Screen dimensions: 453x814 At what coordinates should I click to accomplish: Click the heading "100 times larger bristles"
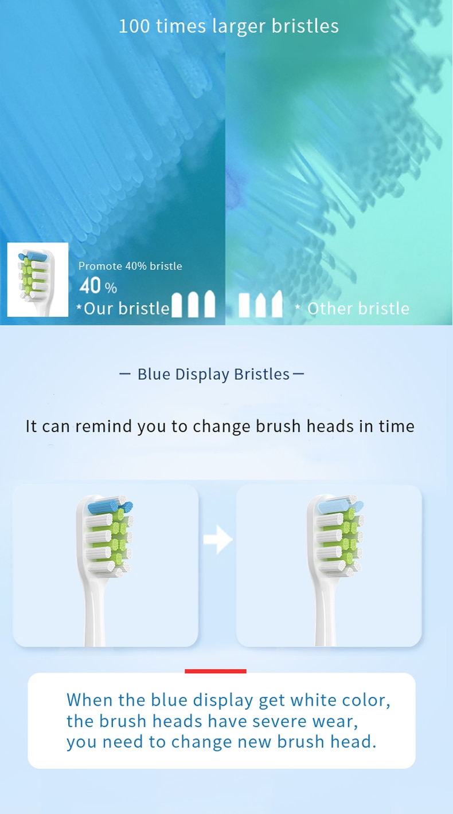click(x=228, y=26)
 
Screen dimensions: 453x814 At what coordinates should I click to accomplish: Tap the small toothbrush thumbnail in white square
click(x=37, y=280)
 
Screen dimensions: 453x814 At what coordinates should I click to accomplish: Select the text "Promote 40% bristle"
click(x=130, y=266)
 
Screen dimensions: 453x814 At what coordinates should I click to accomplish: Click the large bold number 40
click(x=90, y=286)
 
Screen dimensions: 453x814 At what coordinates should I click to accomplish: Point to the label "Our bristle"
click(x=127, y=309)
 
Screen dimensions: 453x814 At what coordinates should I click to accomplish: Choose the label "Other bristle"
click(x=358, y=309)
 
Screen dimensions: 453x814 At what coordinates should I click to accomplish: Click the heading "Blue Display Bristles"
click(x=213, y=374)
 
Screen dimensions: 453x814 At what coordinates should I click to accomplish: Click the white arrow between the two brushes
click(x=218, y=540)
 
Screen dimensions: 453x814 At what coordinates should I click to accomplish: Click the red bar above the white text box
click(x=216, y=671)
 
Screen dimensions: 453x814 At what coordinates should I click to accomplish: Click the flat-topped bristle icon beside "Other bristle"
click(x=244, y=305)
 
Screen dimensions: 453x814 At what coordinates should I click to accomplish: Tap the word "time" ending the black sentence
click(x=396, y=426)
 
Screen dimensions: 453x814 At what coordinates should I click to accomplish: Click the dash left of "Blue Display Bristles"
click(x=125, y=374)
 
